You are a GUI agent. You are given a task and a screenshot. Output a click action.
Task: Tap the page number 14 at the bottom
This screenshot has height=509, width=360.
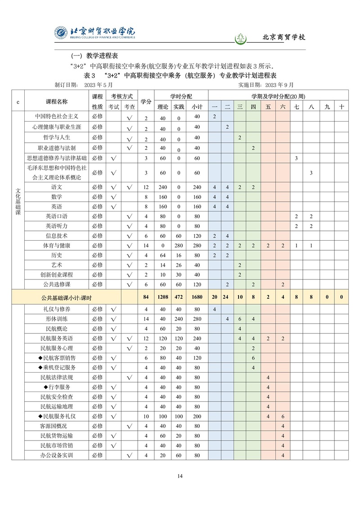pos(180,476)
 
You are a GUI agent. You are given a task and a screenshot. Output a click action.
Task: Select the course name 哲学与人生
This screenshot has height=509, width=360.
pos(57,137)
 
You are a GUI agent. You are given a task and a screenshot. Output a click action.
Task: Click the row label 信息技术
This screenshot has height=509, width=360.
pos(57,235)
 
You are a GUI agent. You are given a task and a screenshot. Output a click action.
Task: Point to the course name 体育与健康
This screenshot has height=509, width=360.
pos(57,245)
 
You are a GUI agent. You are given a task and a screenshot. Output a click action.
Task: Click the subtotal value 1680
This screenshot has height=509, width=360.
pos(197,297)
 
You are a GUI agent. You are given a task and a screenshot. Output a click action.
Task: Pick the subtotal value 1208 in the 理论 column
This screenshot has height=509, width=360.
pos(162,297)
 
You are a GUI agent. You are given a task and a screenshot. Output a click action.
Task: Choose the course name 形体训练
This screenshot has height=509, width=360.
pos(57,319)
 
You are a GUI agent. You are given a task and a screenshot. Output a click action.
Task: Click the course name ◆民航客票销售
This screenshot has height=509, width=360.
pos(57,358)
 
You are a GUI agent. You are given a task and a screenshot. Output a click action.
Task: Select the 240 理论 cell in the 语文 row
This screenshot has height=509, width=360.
pos(162,187)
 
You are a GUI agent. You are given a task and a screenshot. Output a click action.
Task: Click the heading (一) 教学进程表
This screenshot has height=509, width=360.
pos(94,56)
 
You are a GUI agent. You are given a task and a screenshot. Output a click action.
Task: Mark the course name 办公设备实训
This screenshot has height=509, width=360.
pos(57,455)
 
